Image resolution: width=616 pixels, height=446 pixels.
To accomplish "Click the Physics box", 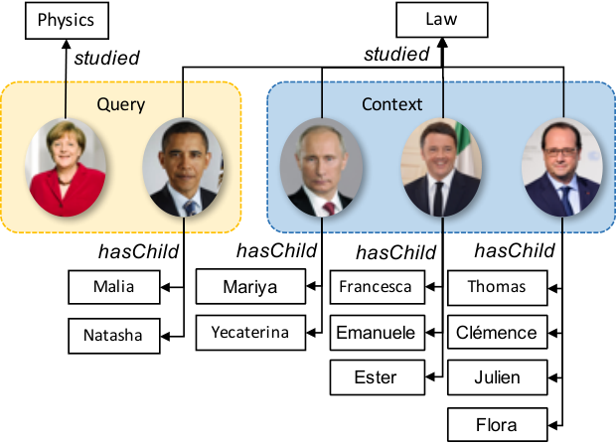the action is pos(67,21).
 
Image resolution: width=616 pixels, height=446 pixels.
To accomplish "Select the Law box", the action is pos(442,20).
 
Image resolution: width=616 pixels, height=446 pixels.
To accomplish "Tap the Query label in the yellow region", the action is pos(121,104).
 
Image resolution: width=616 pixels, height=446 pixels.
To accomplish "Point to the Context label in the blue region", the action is pos(392,104).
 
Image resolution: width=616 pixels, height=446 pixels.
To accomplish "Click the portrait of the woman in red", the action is pos(66,168).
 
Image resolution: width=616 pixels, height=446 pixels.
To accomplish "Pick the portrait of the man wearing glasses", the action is pos(562,168).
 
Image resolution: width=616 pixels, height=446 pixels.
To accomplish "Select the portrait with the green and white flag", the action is pos(441,168).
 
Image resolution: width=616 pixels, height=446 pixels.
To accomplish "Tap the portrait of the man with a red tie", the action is pos(321,168).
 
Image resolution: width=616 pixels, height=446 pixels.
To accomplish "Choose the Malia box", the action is pos(114,287).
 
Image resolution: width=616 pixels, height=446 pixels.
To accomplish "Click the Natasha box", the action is pos(114,336).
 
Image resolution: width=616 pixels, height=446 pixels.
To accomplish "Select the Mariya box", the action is pos(250,287).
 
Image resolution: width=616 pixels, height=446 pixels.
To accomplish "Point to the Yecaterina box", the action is pos(250,333).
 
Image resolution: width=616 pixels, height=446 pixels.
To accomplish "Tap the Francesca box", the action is pos(378,287).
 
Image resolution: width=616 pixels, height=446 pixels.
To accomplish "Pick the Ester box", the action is pos(378,377).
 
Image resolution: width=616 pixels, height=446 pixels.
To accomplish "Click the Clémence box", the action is pos(498,332).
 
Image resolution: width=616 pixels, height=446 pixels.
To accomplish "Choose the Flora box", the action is pos(498,425).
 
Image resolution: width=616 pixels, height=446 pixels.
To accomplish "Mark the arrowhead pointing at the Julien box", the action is pos(553,378).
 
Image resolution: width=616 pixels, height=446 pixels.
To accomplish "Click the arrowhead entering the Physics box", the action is pos(66,45).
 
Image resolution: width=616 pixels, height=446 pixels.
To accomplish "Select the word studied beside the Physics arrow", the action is pos(107,58).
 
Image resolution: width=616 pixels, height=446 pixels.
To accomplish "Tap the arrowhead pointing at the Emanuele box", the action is pos(431,333).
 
